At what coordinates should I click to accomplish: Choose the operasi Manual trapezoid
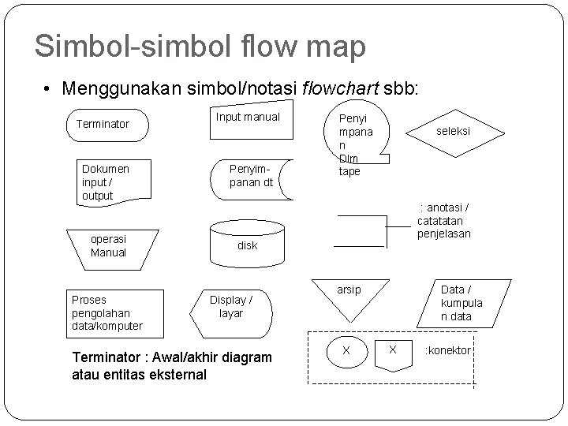(x=110, y=245)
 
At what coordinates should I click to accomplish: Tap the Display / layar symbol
(x=232, y=307)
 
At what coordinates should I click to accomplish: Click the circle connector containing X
(x=346, y=349)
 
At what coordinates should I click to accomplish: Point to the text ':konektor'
(x=448, y=349)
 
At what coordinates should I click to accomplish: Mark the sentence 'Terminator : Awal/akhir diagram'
(x=171, y=358)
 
